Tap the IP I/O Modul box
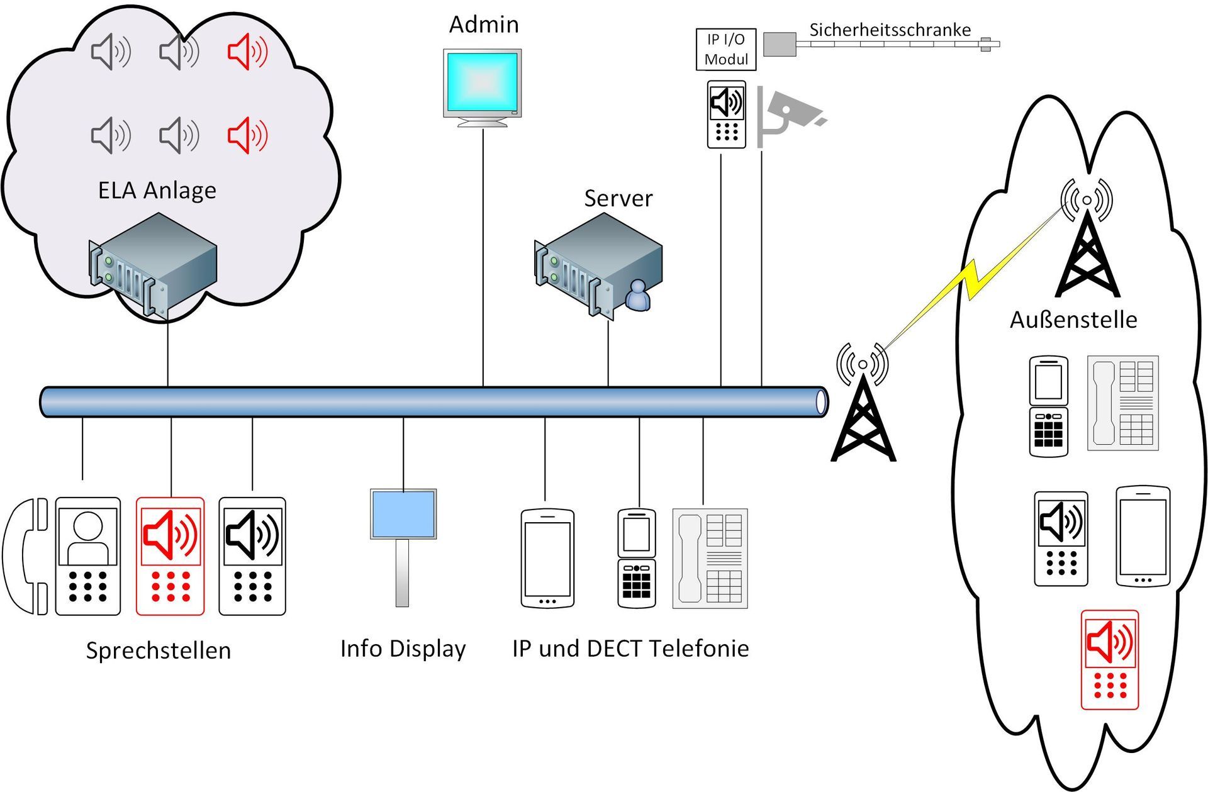725,49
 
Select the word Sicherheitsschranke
890,30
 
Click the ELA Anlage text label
157,190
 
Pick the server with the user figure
598,264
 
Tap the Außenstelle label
1073,320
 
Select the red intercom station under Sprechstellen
170,556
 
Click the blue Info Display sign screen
403,514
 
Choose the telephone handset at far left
26,556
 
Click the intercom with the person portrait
87,556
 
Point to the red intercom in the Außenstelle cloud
1110,660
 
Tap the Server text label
618,198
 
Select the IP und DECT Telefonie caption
630,649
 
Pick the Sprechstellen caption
159,650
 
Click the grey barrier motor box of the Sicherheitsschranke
780,45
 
